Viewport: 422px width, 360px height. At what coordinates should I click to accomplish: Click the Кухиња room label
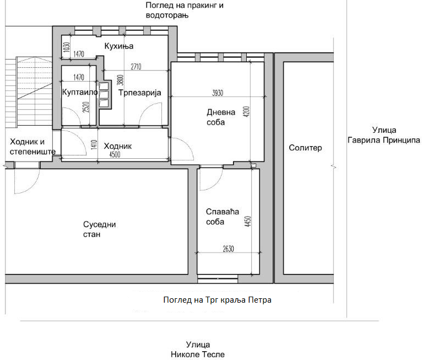118,46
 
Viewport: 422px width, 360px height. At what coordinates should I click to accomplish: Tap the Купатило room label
80,93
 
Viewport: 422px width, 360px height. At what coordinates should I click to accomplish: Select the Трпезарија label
140,93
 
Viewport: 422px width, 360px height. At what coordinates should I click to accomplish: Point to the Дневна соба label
221,117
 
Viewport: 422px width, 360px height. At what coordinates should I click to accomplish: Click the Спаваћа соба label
223,217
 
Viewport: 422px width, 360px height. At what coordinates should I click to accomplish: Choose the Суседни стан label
99,229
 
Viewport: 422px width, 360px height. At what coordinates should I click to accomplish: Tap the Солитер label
305,148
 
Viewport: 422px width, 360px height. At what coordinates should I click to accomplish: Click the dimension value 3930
218,93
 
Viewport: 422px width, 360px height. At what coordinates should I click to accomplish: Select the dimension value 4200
246,111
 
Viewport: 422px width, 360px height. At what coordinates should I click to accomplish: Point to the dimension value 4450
248,221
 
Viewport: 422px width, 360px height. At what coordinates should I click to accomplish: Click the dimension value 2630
228,249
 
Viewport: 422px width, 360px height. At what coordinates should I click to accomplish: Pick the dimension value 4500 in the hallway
115,154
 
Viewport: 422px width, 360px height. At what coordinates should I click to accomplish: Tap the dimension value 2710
136,67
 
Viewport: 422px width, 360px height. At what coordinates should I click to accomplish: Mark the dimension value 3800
120,80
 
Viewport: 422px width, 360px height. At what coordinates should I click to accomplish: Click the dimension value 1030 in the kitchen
67,47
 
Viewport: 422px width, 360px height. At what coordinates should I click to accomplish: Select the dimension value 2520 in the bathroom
85,107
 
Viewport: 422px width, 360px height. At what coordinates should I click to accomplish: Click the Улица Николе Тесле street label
198,350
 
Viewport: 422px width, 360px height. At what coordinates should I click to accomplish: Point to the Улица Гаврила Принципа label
384,135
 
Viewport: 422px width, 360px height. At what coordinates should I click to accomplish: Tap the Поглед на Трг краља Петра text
217,300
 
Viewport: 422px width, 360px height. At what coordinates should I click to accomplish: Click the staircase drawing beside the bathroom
29,92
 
